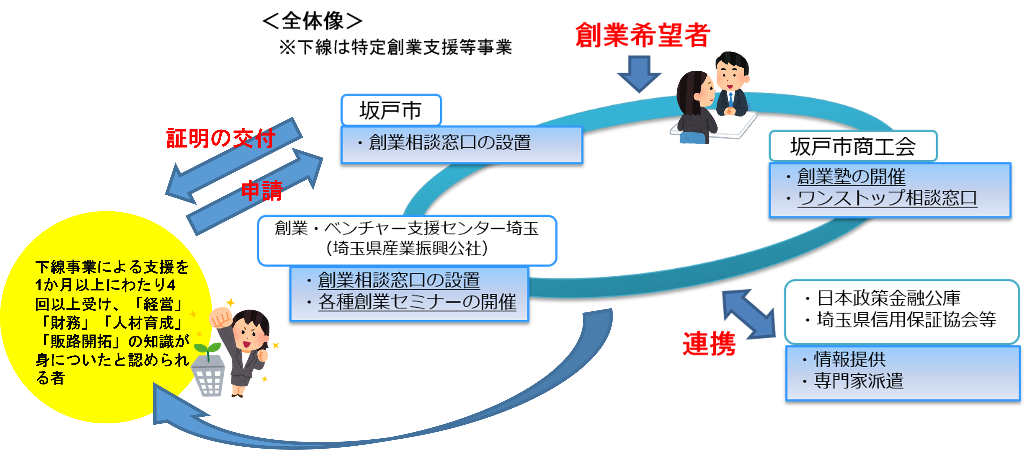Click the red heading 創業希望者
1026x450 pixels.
coord(642,35)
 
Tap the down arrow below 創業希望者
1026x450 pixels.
coord(639,74)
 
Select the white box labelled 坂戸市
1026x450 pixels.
coord(391,110)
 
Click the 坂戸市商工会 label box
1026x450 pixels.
coord(853,146)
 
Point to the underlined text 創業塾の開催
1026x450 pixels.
coord(851,177)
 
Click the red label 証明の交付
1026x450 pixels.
coord(220,138)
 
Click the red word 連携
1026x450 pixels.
coord(709,343)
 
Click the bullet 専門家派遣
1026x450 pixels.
coord(858,381)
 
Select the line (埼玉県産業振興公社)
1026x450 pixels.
coord(407,249)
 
